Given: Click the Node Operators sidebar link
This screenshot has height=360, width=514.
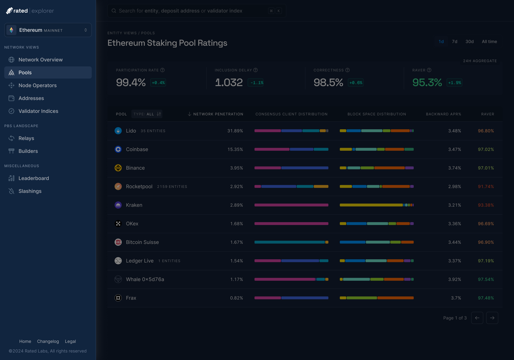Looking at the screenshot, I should click(x=37, y=85).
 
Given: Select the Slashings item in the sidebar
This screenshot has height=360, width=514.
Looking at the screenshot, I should click(x=30, y=191).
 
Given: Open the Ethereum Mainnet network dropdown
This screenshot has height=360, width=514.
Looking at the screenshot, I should click(x=48, y=30).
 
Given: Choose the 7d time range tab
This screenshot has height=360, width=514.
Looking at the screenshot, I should click(x=454, y=42).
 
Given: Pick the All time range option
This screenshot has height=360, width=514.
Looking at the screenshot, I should click(x=489, y=42).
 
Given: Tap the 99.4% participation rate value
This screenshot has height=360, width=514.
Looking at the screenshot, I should click(x=131, y=82).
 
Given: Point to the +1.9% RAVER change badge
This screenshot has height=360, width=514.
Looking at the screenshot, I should click(x=454, y=83).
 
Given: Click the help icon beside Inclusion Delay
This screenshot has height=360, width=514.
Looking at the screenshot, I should click(x=256, y=70).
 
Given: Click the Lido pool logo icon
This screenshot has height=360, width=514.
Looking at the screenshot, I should click(x=118, y=131).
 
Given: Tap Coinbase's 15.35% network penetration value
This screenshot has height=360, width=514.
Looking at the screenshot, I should click(x=235, y=149).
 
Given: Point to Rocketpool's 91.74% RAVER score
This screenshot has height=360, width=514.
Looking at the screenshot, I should click(x=486, y=187).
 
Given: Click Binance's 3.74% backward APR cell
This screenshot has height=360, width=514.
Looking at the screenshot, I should click(x=454, y=168).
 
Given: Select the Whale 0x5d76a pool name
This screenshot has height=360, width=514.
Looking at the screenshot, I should click(x=145, y=279).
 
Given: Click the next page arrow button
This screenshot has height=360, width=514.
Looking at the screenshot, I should click(x=492, y=318).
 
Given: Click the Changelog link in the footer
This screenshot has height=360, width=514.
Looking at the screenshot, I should click(x=48, y=341).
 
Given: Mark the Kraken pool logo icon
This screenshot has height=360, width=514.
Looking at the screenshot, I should click(x=118, y=205).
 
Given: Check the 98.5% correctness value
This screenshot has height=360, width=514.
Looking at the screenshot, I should click(x=328, y=82).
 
